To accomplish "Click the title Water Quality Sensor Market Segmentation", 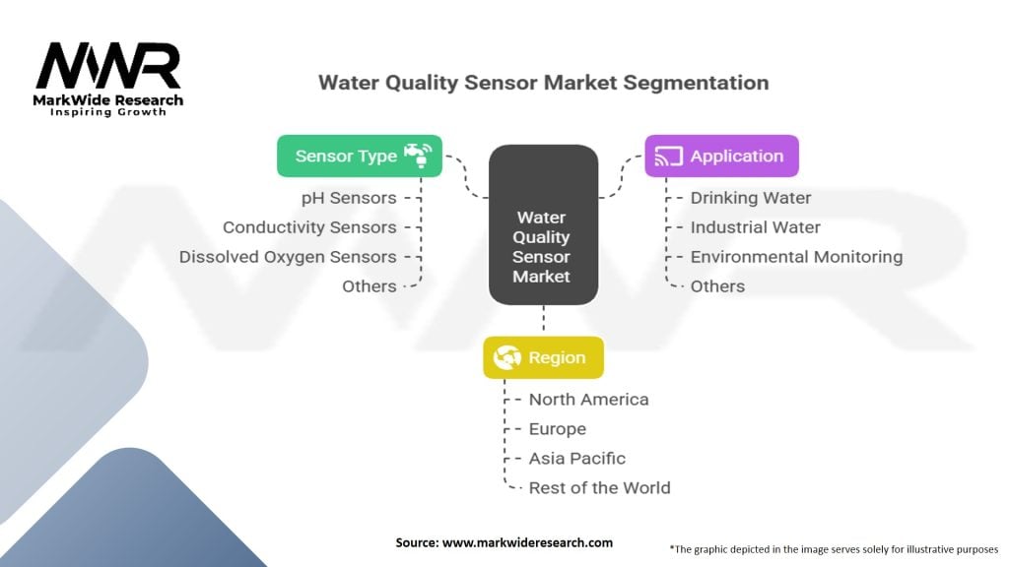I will point(543,83).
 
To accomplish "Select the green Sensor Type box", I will point(359,156).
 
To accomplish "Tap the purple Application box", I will point(721,156).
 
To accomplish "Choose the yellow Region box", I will point(543,358).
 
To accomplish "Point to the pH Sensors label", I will point(349,198).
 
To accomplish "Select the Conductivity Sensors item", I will point(309,227).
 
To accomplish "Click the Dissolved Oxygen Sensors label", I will point(288,257).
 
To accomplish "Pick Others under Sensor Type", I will point(370,286).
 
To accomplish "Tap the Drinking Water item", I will point(751,198).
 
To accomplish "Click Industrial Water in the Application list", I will point(756,227).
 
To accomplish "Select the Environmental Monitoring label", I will point(796,257).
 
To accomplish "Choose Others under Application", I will point(717,286).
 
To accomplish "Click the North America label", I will point(588,400).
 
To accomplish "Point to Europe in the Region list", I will point(558,429).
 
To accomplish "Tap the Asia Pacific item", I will point(577,459).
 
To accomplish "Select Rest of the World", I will point(599,488).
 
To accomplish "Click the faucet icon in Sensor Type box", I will point(418,156).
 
